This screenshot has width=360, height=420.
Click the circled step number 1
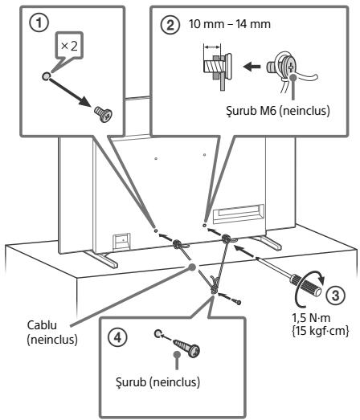tap(39, 23)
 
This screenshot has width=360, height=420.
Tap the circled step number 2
tap(170, 25)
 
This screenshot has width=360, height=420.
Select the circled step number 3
tap(335, 296)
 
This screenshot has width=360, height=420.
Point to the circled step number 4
tap(118, 337)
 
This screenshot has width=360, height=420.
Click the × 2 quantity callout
tap(69, 47)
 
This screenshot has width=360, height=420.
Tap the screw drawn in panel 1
tap(104, 114)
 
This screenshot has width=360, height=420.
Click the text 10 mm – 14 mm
tap(230, 24)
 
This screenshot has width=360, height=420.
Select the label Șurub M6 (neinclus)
tap(278, 111)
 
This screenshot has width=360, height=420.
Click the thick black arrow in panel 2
tap(252, 66)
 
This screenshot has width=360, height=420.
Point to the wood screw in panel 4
tap(187, 348)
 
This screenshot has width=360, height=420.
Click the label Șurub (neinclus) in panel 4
tap(157, 381)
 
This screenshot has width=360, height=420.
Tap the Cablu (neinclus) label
tap(52, 332)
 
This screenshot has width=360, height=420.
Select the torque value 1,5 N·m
tap(311, 318)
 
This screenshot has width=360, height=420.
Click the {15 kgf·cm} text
tap(320, 331)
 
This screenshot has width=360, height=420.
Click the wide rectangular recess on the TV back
tap(239, 214)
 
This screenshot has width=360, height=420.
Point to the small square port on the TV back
tap(121, 242)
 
